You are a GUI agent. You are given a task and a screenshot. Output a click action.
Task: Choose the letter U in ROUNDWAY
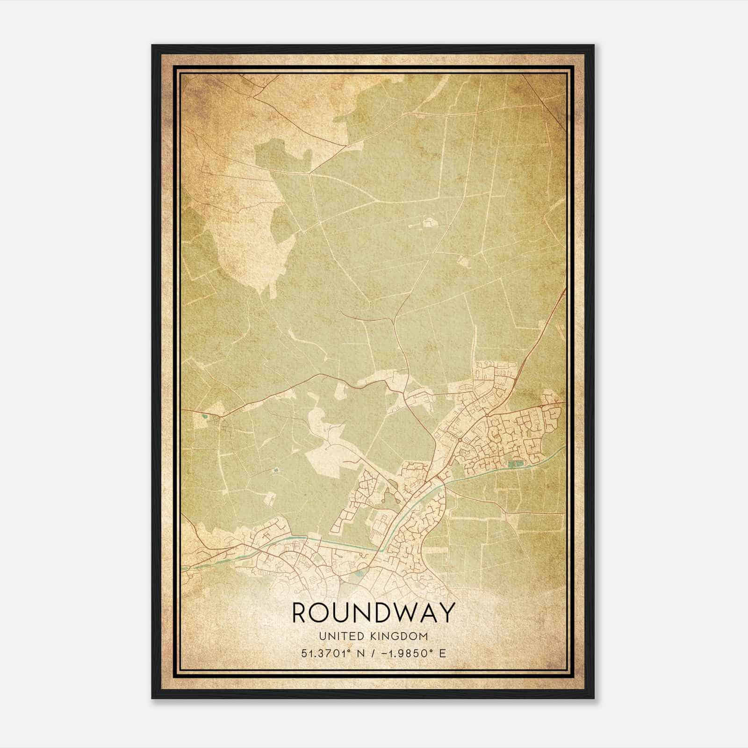click(348, 613)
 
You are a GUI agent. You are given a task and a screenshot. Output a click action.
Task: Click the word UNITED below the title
click(340, 636)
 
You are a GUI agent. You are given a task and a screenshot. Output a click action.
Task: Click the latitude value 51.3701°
click(327, 653)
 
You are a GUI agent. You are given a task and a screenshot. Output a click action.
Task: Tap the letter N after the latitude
click(360, 653)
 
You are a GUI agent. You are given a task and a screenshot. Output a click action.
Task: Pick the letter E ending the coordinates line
click(442, 653)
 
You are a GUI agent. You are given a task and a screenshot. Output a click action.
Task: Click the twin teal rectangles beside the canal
click(515, 464)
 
